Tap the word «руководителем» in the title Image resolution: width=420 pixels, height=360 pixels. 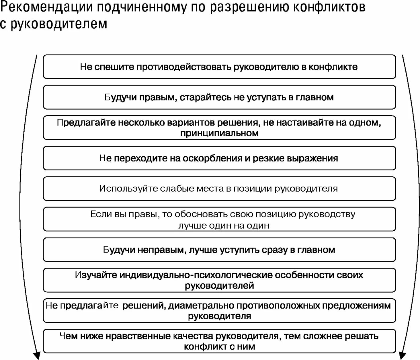[x=59, y=24]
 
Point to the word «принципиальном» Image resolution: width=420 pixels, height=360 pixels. [x=219, y=133]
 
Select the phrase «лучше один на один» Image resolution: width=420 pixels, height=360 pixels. [x=224, y=225]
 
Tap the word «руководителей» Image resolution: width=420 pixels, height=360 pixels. [x=219, y=286]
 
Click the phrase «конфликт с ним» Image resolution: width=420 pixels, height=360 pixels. [x=219, y=347]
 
